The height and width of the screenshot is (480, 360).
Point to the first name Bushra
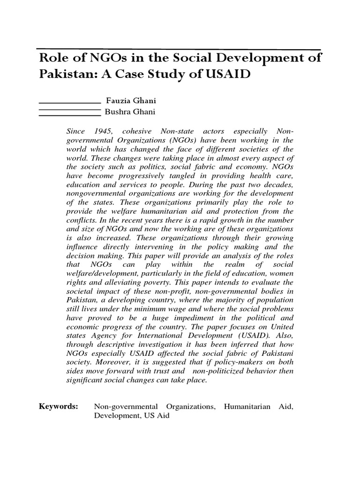119,112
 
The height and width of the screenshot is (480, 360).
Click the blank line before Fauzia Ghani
69,103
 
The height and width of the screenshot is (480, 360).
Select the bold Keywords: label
59,406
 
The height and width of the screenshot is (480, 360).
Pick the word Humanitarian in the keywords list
247,406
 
